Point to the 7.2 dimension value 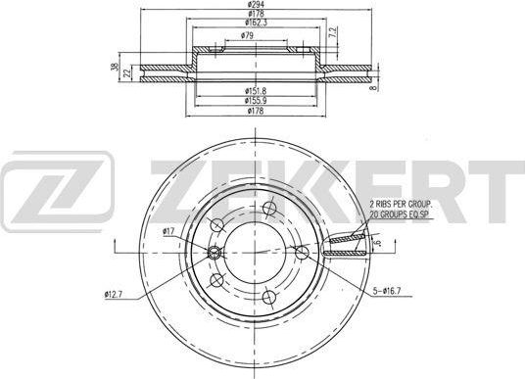(333, 35)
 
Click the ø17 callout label (168, 231)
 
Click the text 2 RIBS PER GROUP (406, 202)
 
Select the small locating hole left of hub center (216, 254)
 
